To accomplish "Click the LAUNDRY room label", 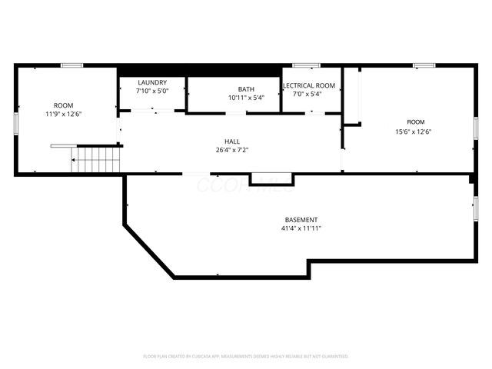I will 151,82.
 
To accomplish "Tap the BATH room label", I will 245,89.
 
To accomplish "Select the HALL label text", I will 231,141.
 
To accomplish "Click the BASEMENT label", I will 300,220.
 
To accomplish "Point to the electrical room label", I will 309,85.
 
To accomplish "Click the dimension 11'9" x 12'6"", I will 63,114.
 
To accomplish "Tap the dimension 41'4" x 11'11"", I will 300,228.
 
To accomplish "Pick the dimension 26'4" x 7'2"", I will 231,151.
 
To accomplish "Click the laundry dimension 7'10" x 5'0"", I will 151,91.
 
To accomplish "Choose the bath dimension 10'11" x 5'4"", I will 245,98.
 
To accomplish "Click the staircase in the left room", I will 96,160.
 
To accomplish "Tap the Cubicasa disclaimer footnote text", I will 246,356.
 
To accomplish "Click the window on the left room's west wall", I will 16,123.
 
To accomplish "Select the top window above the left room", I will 72,65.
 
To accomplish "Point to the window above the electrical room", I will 307,65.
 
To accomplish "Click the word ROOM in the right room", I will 416,121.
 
